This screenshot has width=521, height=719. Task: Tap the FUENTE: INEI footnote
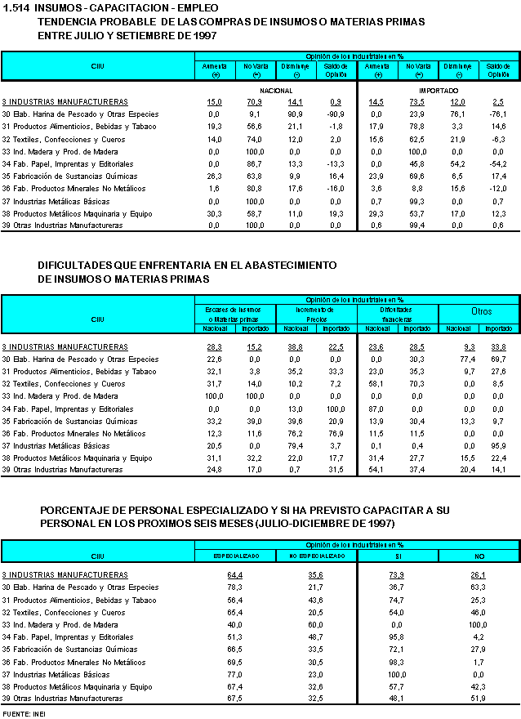[x=23, y=714]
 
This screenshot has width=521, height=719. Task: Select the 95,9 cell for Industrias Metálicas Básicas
[x=497, y=445]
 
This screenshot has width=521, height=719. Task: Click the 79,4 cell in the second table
[x=296, y=445]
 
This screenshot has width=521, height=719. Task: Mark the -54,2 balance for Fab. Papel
[x=497, y=163]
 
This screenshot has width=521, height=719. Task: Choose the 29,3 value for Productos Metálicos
[x=376, y=212]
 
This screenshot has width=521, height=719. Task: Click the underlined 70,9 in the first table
[x=254, y=101]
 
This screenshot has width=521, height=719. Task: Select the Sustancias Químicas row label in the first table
[x=69, y=176]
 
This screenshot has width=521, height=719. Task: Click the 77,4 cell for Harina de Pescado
[x=457, y=359]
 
